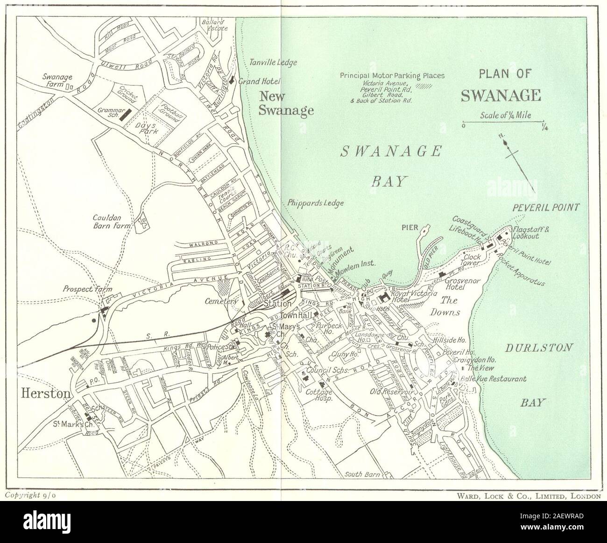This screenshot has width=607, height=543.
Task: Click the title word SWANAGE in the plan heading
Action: tap(501, 95)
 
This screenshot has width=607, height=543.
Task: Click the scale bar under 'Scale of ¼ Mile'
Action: tap(503, 123)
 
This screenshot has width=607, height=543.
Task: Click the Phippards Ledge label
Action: tap(316, 203)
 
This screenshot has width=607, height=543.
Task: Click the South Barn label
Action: tap(362, 474)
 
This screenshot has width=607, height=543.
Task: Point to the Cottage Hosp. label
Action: tap(318, 397)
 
